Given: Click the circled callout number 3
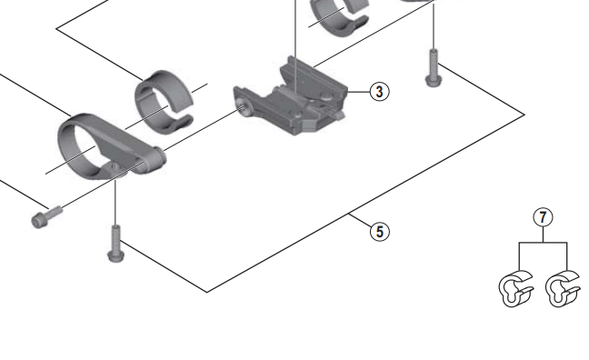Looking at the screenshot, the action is click(x=379, y=91).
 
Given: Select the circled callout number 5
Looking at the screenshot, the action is click(x=380, y=232).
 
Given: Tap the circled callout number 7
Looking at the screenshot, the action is click(x=543, y=217).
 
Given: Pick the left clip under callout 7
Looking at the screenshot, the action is click(x=515, y=288).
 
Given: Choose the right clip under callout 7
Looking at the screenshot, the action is click(x=563, y=288).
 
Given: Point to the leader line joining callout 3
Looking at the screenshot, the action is click(x=359, y=91).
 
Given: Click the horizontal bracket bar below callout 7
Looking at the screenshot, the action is click(x=543, y=243).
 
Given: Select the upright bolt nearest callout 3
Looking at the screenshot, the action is click(x=433, y=68).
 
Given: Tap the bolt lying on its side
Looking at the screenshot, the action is click(x=46, y=217).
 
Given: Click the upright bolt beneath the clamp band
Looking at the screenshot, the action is click(x=116, y=244).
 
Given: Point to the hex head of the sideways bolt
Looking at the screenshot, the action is click(x=38, y=221).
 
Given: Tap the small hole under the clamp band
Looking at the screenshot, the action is click(x=114, y=165).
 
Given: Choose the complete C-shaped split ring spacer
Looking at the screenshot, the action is click(x=164, y=102).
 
